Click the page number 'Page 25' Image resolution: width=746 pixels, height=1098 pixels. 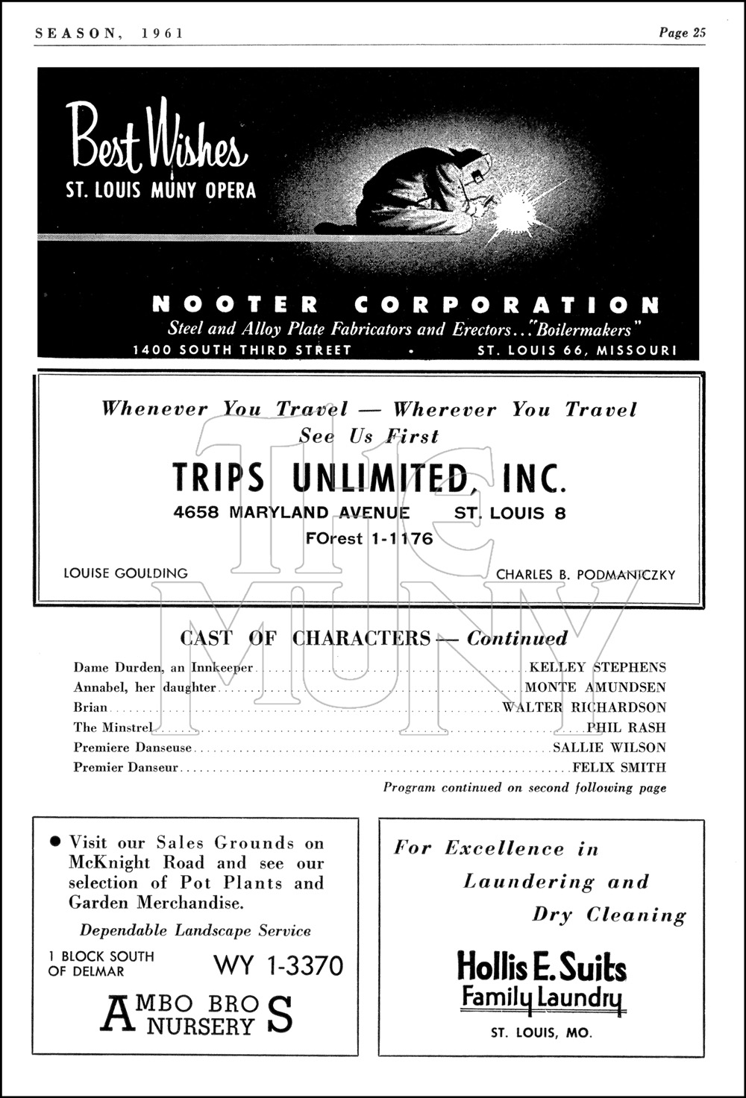(x=682, y=32)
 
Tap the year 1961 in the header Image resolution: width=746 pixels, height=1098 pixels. (x=160, y=33)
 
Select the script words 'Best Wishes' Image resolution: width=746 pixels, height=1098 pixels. (x=156, y=138)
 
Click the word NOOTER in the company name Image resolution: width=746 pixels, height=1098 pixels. (x=236, y=304)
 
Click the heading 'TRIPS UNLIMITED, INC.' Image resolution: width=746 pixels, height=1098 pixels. (x=369, y=478)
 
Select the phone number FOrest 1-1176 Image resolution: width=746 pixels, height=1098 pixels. (x=369, y=538)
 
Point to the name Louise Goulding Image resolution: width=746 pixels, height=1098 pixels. (x=125, y=573)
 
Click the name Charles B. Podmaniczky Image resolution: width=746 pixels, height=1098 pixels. (x=586, y=574)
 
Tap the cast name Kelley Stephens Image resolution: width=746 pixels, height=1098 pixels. (x=597, y=667)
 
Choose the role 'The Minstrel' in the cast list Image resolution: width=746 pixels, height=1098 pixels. (x=113, y=728)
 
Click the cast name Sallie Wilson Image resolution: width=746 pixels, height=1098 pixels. (x=609, y=748)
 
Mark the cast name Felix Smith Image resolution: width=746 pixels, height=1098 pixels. (x=618, y=767)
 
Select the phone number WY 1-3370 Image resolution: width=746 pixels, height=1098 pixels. (x=278, y=965)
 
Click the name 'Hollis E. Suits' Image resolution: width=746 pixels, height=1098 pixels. (x=542, y=967)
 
